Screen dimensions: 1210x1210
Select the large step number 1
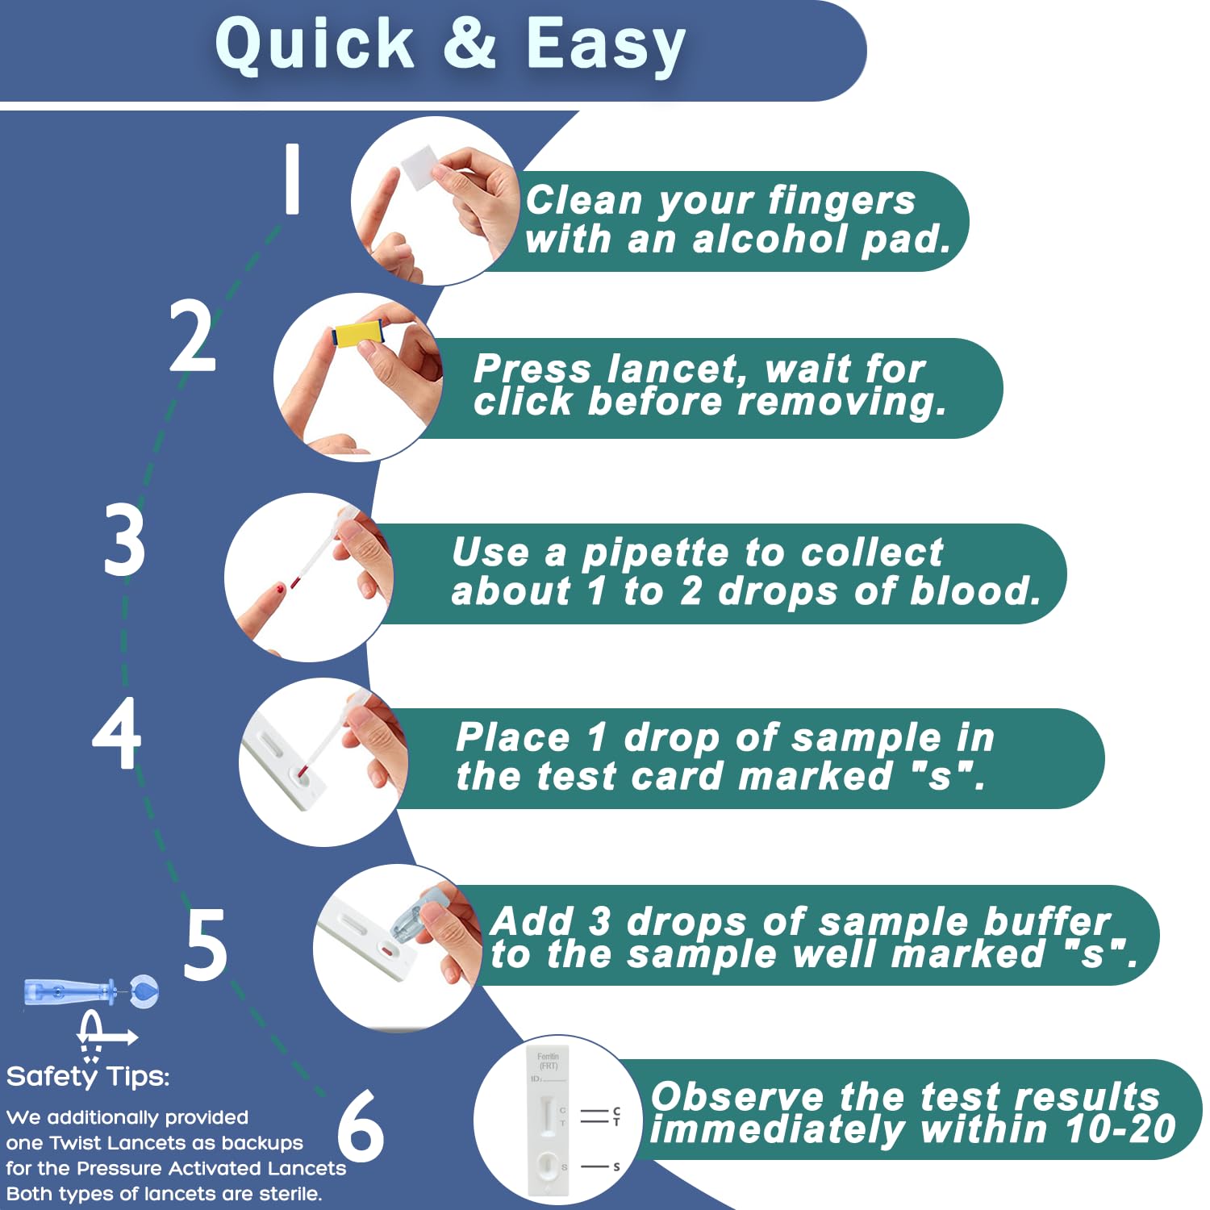pyautogui.click(x=292, y=179)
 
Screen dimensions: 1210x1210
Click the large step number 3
pyautogui.click(x=125, y=540)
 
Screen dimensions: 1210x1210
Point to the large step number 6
pyautogui.click(x=360, y=1126)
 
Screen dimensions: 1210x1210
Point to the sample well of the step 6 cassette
pyautogui.click(x=547, y=1164)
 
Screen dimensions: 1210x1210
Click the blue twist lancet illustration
pyautogui.click(x=89, y=991)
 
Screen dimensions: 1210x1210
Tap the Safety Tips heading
pyautogui.click(x=88, y=1076)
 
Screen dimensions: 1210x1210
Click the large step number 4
pyautogui.click(x=117, y=732)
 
